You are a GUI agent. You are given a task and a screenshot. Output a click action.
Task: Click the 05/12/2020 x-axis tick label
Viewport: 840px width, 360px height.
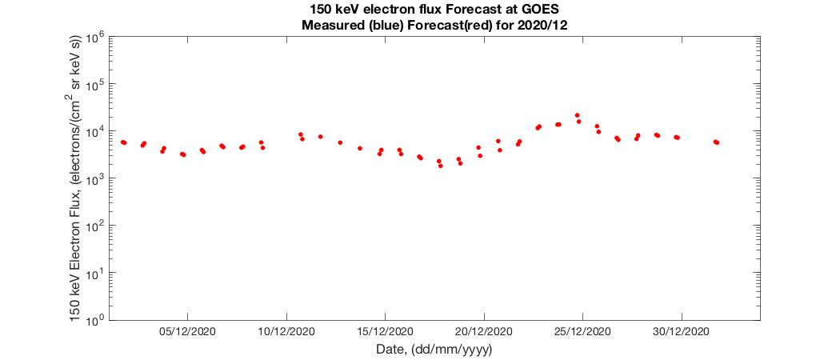pos(186,331)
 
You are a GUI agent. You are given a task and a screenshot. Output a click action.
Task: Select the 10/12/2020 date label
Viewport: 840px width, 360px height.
pos(286,331)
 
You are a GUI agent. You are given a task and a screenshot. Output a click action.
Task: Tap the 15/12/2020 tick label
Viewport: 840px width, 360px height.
pos(384,331)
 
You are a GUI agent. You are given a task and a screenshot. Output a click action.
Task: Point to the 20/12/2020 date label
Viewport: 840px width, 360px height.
pos(483,331)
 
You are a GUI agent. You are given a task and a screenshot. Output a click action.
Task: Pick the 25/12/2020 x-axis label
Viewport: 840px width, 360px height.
pos(582,331)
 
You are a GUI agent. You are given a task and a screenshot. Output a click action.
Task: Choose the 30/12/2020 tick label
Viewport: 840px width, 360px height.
pos(682,331)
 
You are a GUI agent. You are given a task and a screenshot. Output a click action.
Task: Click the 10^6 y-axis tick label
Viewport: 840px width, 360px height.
pos(96,38)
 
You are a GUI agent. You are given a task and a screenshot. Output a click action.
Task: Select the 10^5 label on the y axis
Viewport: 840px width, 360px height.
pos(96,85)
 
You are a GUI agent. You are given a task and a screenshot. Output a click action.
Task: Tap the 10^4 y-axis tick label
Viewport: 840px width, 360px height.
pos(96,132)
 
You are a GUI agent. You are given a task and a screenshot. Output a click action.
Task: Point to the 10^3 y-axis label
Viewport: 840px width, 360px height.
pos(96,179)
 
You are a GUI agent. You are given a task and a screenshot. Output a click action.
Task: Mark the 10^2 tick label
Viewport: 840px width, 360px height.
pos(96,226)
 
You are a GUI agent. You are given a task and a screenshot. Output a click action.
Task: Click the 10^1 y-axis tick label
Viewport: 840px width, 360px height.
pos(96,274)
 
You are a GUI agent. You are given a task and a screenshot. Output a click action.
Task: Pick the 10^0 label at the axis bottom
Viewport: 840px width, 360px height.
pos(96,320)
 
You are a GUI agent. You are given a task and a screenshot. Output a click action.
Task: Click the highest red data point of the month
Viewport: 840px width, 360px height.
pos(577,115)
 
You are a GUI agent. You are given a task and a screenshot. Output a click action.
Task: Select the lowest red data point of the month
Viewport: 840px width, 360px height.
pos(440,166)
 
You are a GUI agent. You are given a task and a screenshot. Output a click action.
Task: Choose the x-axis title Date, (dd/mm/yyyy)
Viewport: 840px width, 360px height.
pos(434,350)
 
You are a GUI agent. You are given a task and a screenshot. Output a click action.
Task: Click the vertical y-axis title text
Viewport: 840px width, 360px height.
pos(77,178)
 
